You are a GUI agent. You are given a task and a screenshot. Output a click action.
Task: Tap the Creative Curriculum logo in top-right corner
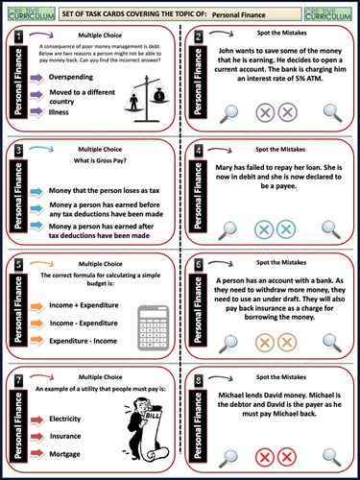pyautogui.click(x=331, y=11)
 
